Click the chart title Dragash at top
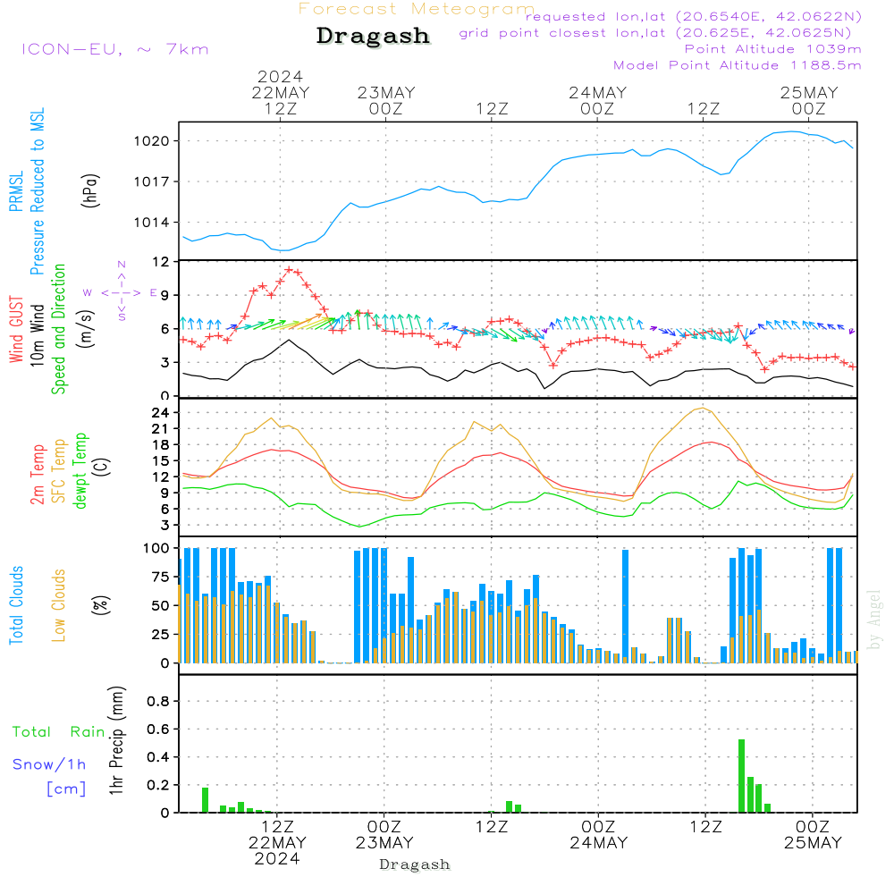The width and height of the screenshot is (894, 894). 373,36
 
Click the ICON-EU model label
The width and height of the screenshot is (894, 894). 114,49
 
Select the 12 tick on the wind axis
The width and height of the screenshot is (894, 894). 161,262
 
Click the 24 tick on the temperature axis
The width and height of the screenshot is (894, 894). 161,413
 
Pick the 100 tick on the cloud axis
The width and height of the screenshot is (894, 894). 157,548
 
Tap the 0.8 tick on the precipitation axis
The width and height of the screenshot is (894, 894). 158,702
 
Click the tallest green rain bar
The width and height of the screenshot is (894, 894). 741,775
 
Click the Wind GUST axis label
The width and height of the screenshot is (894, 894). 17,331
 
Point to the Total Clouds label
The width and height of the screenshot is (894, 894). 17,605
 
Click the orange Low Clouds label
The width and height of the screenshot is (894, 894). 59,605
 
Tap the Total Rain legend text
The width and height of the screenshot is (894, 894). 59,732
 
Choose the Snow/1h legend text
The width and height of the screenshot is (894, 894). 49,764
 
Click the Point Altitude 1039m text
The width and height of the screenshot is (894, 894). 772,48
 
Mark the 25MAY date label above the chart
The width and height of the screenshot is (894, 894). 809,93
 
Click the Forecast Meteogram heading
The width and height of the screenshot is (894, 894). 417,9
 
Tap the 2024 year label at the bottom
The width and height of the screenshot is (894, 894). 277,858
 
